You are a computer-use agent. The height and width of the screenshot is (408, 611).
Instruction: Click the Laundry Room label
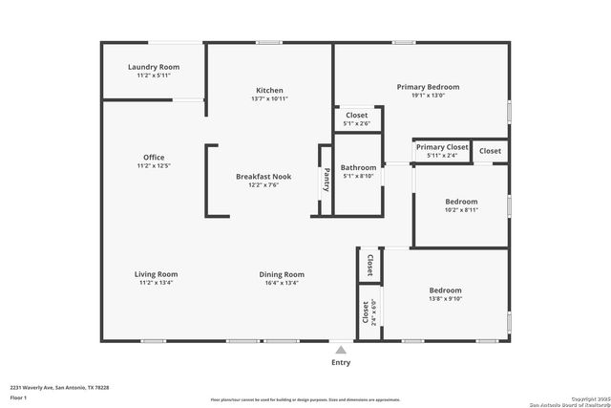154,67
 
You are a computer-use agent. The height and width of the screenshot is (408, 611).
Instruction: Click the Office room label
155,158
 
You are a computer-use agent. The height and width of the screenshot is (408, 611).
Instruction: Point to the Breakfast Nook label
263,177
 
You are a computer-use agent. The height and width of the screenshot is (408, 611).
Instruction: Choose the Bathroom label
359,167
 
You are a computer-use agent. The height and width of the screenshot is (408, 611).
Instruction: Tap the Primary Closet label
442,147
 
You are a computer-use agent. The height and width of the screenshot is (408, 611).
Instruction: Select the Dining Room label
282,274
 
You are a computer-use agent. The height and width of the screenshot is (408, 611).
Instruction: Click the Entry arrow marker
341,349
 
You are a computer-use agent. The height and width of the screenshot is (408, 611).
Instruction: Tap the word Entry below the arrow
341,362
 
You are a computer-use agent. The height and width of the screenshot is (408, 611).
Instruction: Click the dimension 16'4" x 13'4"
282,283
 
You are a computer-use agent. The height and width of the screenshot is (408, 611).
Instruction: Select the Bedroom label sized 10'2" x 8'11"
461,202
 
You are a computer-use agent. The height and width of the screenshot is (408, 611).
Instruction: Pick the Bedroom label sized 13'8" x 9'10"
445,290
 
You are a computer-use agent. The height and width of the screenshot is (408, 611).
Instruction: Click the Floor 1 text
18,397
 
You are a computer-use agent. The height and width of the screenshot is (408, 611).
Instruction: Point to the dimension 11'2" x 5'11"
154,75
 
